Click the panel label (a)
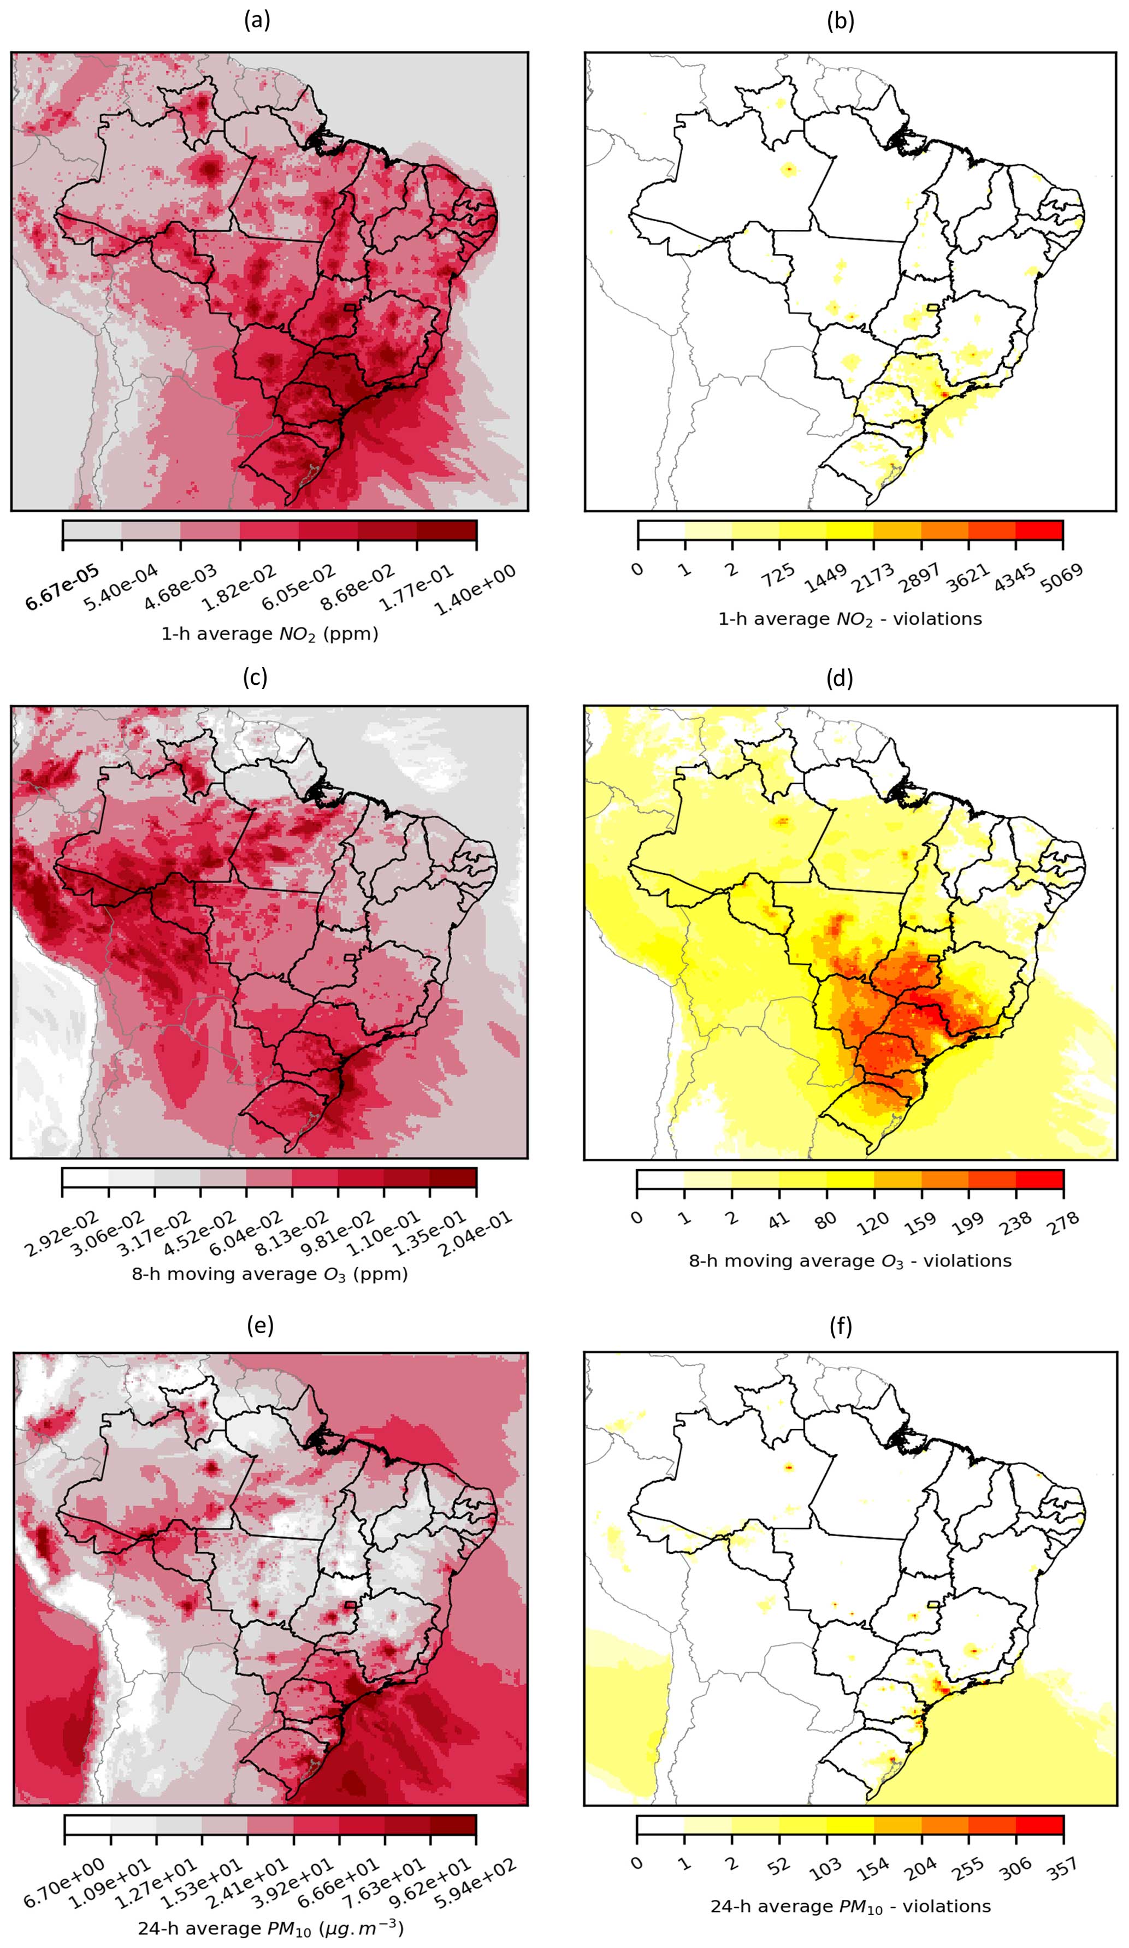tap(257, 22)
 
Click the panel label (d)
tap(840, 678)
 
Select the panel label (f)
tap(840, 1327)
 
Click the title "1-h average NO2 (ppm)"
tap(270, 635)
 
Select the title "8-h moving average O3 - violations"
tap(850, 1261)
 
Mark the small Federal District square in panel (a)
tap(350, 307)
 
